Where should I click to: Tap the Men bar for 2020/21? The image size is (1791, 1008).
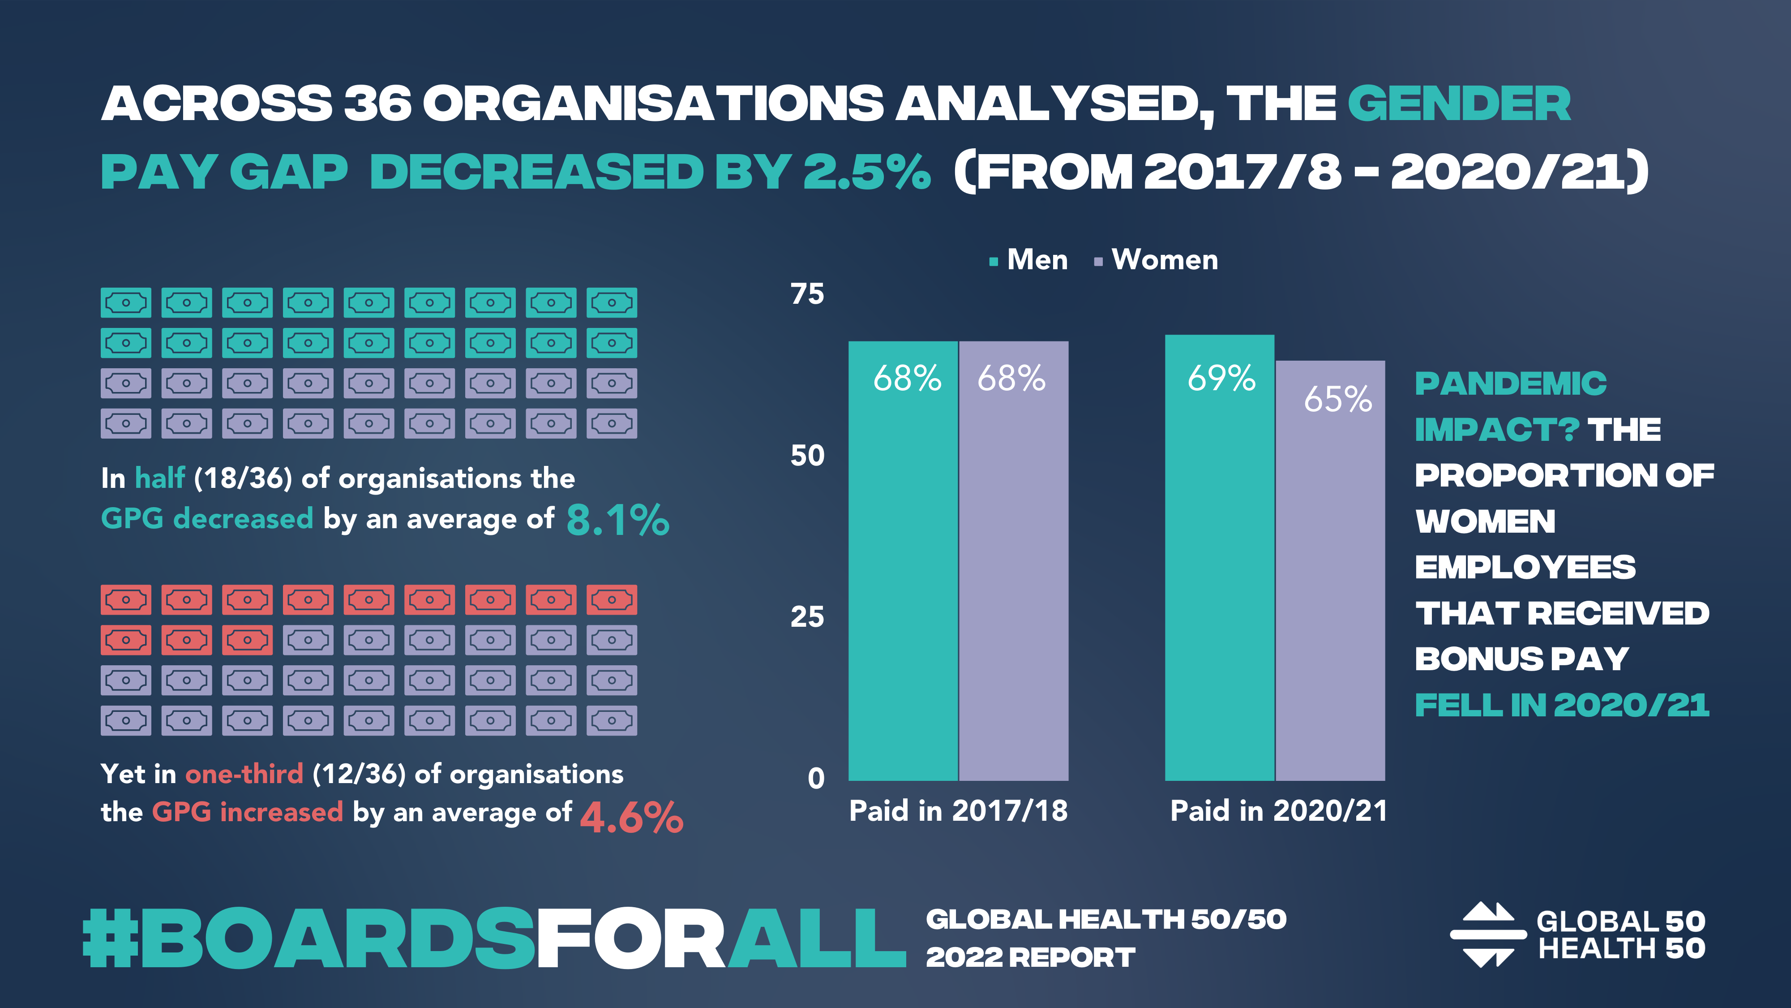1220,556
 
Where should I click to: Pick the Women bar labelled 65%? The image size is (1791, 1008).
1330,570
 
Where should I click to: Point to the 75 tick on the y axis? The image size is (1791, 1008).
807,294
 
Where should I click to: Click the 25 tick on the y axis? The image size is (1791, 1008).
807,617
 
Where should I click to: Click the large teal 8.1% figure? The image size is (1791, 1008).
617,520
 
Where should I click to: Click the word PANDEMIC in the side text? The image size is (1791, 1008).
1510,384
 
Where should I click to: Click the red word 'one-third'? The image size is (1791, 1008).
244,774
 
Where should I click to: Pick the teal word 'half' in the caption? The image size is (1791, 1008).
160,478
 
